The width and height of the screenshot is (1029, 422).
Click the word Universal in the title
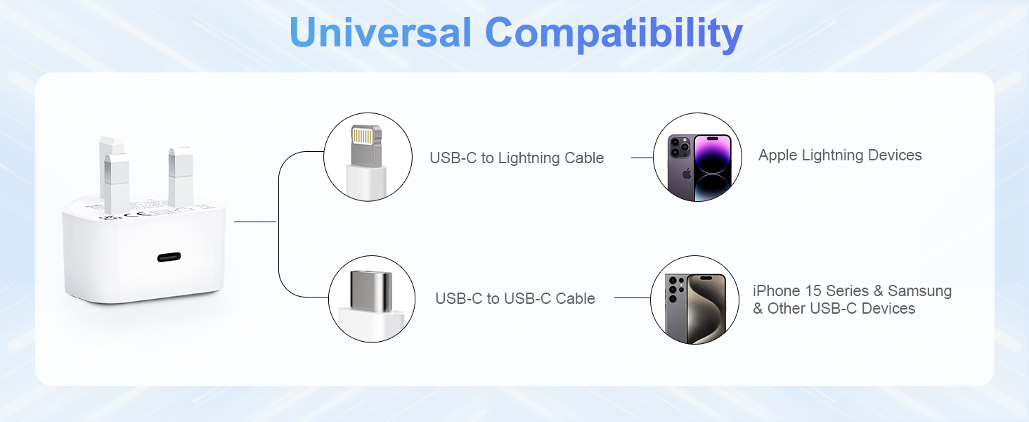click(380, 32)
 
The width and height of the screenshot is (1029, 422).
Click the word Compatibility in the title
click(614, 33)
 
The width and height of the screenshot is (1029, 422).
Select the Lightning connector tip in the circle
click(365, 143)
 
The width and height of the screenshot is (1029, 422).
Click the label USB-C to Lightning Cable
click(517, 158)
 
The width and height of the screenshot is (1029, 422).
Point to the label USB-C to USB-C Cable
click(514, 298)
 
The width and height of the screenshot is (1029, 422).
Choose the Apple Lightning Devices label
click(840, 155)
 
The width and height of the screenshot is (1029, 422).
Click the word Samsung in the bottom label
click(919, 290)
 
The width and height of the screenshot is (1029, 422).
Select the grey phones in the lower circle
click(694, 307)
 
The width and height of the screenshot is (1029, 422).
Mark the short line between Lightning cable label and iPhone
click(642, 158)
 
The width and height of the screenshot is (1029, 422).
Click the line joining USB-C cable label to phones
click(632, 298)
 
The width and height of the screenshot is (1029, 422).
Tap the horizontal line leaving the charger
click(254, 222)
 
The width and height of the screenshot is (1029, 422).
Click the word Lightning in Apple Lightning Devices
click(840, 155)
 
